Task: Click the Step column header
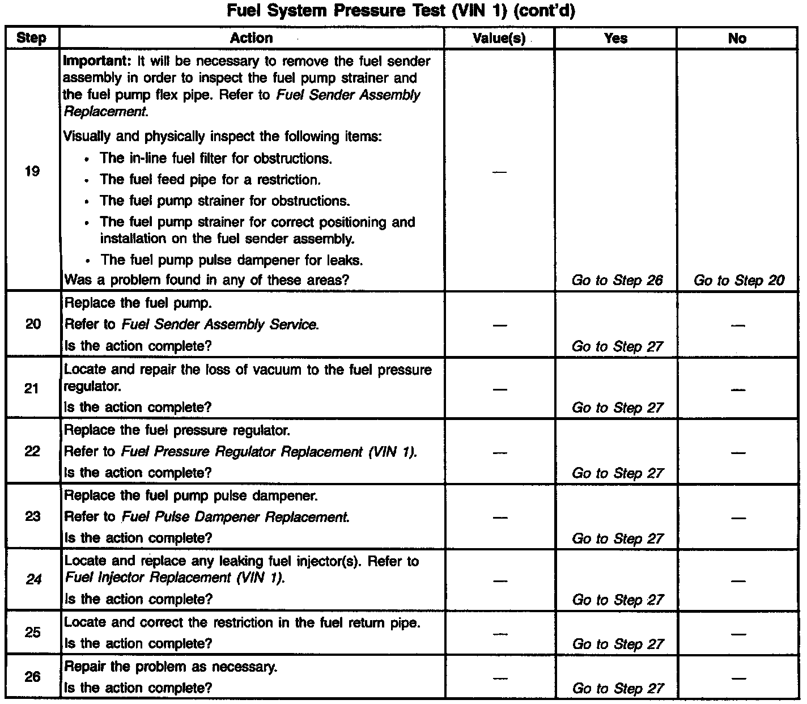pos(31,39)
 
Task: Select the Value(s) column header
pos(499,39)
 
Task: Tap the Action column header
pos(252,38)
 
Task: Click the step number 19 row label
pos(32,171)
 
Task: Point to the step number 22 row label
pos(32,451)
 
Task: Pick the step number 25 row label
pos(33,632)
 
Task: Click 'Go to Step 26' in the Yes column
pos(617,281)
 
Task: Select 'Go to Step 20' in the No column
pos(739,281)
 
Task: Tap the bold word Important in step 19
pos(95,61)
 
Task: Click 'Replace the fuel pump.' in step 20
pos(138,303)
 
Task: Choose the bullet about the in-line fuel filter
pos(216,158)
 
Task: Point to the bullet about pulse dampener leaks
pos(231,260)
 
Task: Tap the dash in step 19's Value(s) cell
pos(499,172)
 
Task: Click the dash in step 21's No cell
pos(737,389)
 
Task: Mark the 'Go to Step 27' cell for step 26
pos(618,689)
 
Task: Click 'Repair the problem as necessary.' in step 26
pos(171,667)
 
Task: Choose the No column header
pos(737,39)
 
